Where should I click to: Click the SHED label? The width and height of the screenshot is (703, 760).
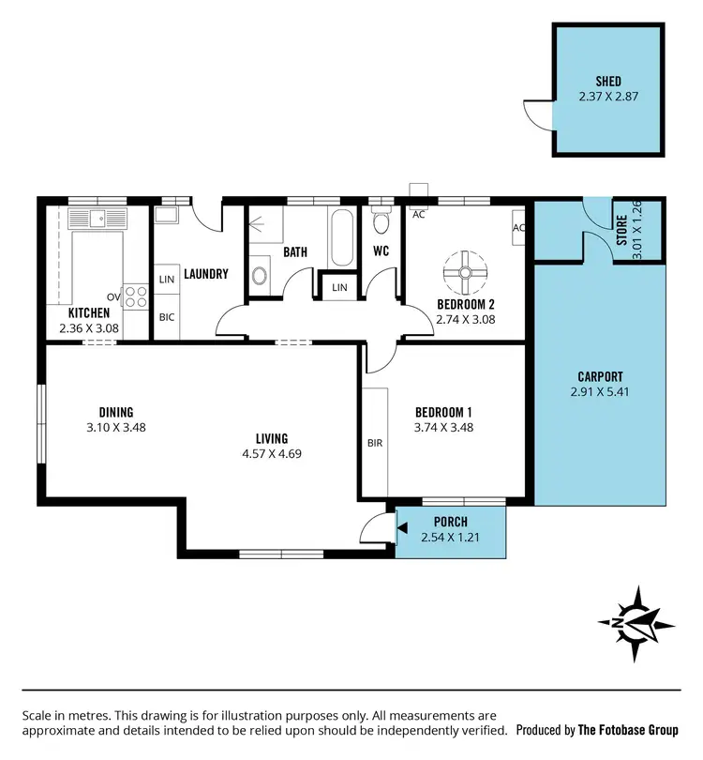click(608, 82)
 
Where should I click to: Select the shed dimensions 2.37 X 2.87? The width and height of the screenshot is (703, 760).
click(608, 96)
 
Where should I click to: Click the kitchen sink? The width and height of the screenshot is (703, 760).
click(103, 220)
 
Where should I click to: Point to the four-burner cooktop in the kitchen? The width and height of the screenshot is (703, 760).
click(137, 296)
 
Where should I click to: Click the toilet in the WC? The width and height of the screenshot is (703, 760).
click(380, 222)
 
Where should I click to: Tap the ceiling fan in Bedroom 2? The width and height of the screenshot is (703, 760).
click(465, 272)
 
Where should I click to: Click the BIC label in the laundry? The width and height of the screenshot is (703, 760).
click(167, 317)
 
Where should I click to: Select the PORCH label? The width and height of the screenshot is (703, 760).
click(450, 523)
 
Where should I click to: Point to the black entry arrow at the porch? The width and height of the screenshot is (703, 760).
click(401, 530)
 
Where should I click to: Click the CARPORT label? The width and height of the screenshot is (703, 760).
click(600, 377)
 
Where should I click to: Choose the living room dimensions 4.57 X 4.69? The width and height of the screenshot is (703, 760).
click(271, 453)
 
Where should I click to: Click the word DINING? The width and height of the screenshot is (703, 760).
click(116, 412)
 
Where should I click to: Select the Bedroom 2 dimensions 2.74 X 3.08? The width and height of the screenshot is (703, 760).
click(465, 319)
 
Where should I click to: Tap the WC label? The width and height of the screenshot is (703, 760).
click(381, 251)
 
